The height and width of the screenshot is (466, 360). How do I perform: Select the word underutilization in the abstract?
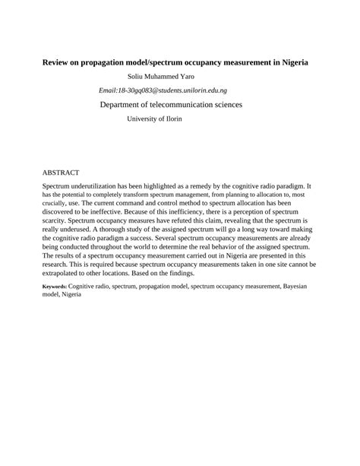pos(106,186)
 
